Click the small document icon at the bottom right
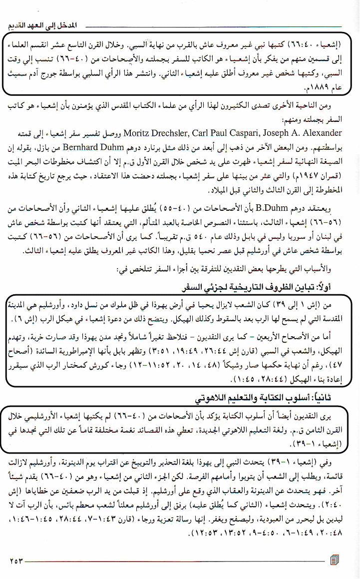pyautogui.click(x=334, y=559)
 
